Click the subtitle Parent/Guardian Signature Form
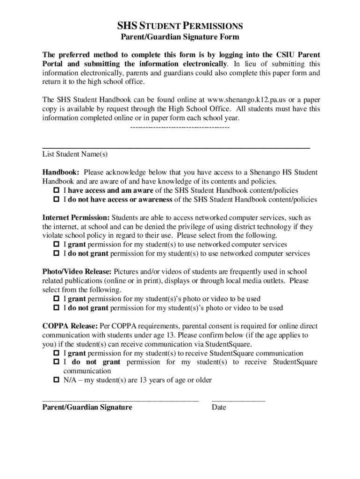[180, 37]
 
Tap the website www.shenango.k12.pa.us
[244, 100]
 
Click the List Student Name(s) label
[75, 154]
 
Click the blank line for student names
[176, 146]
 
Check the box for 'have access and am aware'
[56, 190]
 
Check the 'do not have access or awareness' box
[56, 199]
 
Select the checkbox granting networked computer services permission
[56, 245]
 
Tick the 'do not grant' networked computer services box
[56, 254]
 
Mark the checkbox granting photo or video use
[56, 299]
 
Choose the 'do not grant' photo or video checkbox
[56, 308]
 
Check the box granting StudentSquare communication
[56, 353]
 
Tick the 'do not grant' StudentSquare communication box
[56, 362]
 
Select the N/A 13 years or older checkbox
[56, 380]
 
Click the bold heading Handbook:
[61, 172]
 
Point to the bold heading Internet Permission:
[76, 218]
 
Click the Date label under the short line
[219, 407]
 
